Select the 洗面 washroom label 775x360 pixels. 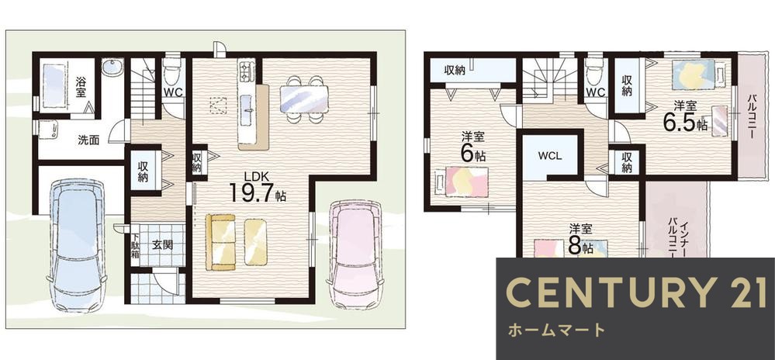pos(88,140)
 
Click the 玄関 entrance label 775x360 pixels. pos(162,245)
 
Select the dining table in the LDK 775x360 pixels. pos(303,99)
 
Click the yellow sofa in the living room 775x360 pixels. pos(220,243)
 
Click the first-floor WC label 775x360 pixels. pos(171,92)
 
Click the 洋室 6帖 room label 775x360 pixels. pos(472,147)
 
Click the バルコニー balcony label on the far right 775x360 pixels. pos(752,116)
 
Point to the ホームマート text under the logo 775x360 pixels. pos(555,331)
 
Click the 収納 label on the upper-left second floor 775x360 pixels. pos(455,71)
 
